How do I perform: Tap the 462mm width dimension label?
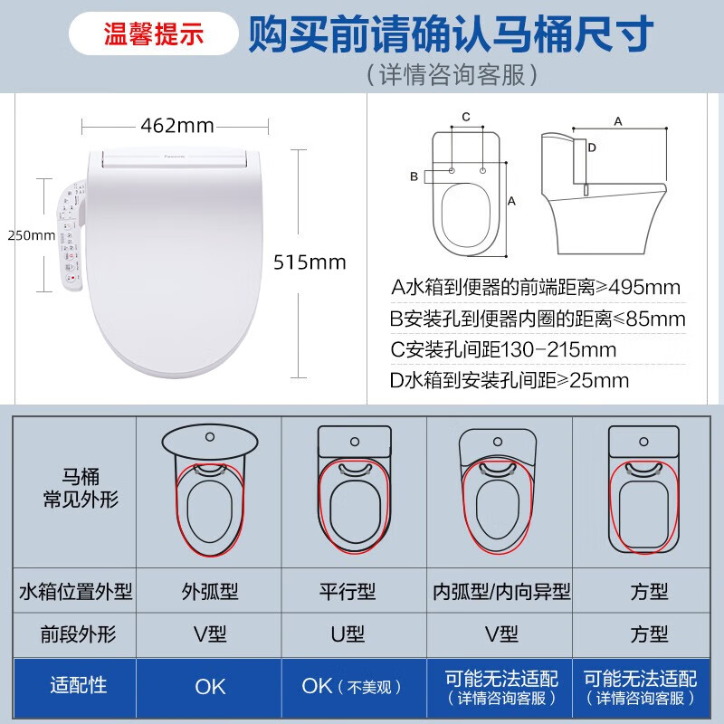176,124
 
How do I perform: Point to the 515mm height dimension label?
310,262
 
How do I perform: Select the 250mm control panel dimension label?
31,235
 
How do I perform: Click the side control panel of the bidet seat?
71,235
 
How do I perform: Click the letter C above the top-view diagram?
466,117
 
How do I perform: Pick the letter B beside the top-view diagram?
414,176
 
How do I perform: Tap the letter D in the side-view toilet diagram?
591,147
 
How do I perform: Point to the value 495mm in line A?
645,288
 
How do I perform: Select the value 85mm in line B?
654,319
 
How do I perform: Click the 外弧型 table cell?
210,592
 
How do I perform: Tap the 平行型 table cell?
352,592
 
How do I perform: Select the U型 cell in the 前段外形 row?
352,634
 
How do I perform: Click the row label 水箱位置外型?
75,592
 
